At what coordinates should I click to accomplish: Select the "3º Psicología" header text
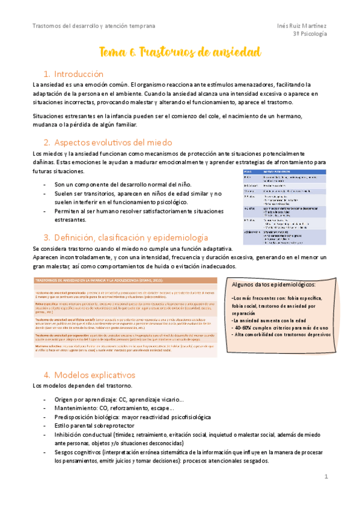[310, 35]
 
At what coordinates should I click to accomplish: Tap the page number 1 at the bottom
[325, 476]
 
